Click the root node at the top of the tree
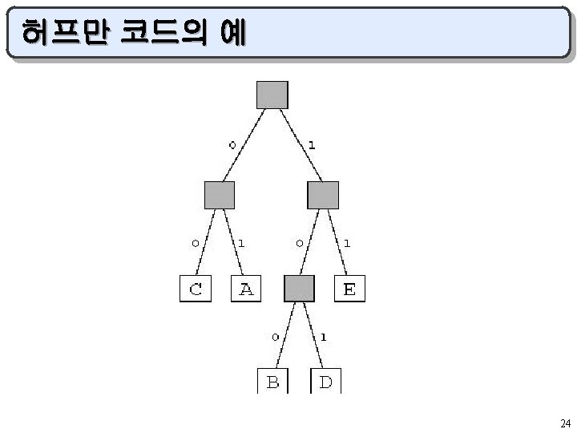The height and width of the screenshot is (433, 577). tap(272, 95)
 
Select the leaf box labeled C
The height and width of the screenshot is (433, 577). tap(196, 289)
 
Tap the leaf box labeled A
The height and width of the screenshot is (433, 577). tap(246, 289)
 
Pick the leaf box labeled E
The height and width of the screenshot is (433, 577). tap(349, 289)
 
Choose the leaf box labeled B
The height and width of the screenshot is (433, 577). tap(272, 381)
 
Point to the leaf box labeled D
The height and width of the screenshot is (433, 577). tap(325, 381)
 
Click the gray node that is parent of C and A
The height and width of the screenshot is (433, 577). tap(220, 195)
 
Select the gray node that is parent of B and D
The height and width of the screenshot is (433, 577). tap(299, 288)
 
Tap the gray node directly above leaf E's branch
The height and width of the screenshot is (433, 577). tap(323, 195)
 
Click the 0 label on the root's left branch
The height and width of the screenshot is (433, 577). tap(232, 145)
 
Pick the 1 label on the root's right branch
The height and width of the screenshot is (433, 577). tap(311, 145)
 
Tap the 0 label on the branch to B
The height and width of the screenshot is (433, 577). tap(274, 337)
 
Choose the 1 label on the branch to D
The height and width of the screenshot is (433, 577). tap(322, 337)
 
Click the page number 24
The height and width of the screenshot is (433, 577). tap(565, 423)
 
